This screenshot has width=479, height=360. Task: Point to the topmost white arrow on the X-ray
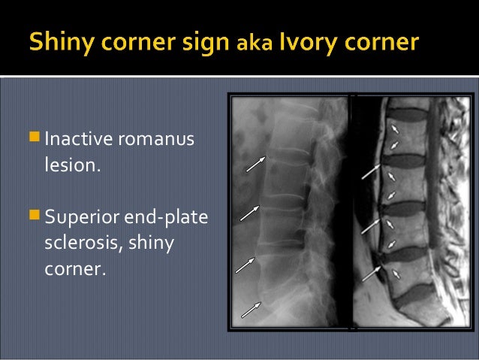click(x=255, y=163)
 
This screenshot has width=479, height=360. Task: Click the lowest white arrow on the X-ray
click(x=250, y=308)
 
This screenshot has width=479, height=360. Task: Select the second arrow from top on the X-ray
click(x=250, y=213)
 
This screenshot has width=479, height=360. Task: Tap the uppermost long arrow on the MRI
click(x=371, y=171)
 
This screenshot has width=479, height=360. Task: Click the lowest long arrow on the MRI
click(x=372, y=273)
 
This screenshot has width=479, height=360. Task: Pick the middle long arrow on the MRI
click(x=372, y=226)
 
